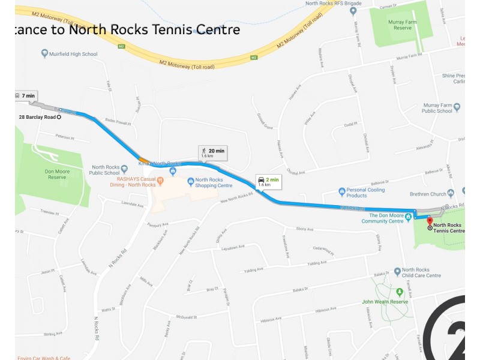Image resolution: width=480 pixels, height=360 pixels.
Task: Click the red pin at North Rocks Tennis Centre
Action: point(430,221)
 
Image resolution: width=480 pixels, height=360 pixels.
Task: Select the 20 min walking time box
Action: point(213,152)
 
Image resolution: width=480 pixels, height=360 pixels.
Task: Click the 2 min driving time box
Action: point(269,181)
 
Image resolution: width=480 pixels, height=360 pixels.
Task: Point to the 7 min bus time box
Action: point(26,96)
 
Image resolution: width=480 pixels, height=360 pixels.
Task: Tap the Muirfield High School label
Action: point(74,54)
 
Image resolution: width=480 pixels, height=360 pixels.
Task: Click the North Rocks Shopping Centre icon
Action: point(190,181)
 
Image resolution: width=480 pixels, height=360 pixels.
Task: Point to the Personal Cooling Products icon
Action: point(342,192)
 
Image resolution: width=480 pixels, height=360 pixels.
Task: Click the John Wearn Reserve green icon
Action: point(400,292)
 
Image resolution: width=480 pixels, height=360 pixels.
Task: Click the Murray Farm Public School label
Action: point(437,107)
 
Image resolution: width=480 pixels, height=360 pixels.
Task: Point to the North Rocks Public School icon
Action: point(124,169)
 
